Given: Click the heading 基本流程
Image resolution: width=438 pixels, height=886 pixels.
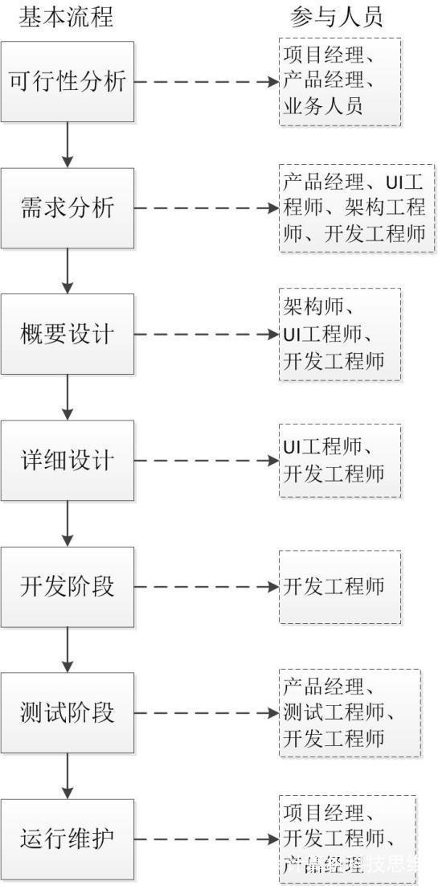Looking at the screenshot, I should (x=67, y=16).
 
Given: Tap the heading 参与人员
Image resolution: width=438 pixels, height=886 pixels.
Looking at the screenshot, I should (x=337, y=16).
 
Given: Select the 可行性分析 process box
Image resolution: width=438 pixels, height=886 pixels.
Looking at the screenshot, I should (x=67, y=82).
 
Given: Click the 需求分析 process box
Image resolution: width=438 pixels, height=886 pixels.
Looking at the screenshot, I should (x=67, y=208).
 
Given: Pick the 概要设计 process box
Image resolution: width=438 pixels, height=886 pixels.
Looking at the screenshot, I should (x=67, y=334).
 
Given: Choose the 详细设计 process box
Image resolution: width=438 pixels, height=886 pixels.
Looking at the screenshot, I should (x=67, y=461).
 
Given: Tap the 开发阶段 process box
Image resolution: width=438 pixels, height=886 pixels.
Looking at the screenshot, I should (x=67, y=587).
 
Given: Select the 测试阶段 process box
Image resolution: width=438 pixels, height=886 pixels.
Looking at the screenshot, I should (x=67, y=713).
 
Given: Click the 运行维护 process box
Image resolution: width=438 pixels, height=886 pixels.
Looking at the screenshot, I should (x=67, y=839).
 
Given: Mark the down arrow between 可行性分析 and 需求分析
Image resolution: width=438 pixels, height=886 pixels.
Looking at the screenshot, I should (x=67, y=145).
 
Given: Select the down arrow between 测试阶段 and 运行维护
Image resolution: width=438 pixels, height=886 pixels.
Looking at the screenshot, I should (x=67, y=776).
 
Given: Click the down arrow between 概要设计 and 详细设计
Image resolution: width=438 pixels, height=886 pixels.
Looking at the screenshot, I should (x=67, y=397).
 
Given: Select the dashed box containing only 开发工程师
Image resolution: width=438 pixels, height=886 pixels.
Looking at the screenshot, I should (x=339, y=587).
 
